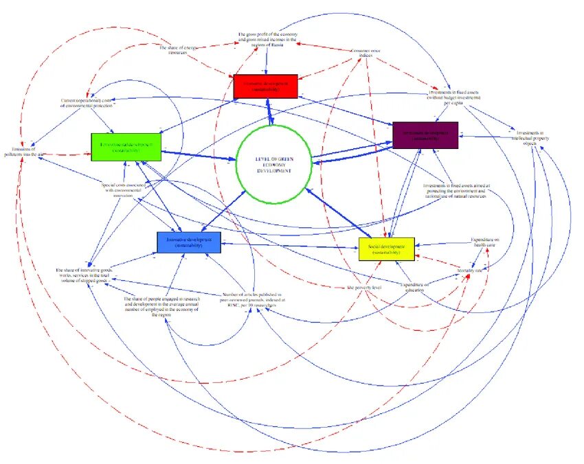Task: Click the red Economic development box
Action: click(x=265, y=86)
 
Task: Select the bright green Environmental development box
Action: click(x=126, y=147)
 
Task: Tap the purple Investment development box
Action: click(x=425, y=135)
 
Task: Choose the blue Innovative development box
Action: click(x=188, y=242)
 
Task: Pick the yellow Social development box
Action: click(x=386, y=248)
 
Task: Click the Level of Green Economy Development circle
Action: click(x=273, y=164)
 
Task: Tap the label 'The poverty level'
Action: click(x=364, y=287)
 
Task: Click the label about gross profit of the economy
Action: click(x=267, y=40)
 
